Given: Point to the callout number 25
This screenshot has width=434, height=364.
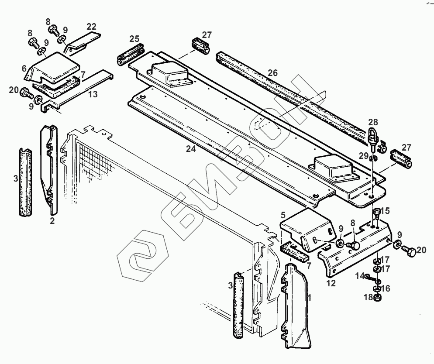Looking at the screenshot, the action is tap(134, 39).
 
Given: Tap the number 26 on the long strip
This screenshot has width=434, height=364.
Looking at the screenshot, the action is tap(272, 73).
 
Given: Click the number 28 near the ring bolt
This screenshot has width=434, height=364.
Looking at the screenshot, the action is tap(373, 122).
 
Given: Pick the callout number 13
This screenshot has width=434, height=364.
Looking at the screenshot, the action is tap(92, 93).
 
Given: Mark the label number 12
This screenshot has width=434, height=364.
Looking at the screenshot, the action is tap(331, 283).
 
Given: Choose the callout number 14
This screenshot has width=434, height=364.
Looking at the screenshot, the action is tap(359, 275).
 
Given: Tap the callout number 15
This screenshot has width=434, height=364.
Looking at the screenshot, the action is tap(384, 211).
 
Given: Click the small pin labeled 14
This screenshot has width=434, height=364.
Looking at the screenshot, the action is tap(371, 278).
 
